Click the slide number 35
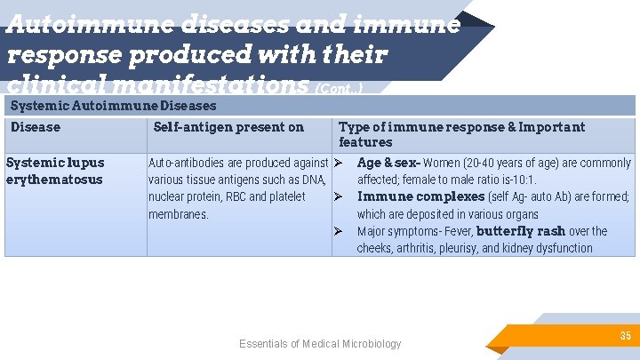click(626, 335)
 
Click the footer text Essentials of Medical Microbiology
click(320, 344)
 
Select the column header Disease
click(36, 127)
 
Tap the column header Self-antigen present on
click(228, 127)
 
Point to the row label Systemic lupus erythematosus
click(55, 171)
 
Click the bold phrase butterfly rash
click(521, 231)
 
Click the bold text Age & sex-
click(388, 163)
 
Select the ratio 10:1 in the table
click(523, 180)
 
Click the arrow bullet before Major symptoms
click(339, 232)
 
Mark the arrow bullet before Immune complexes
click(339, 197)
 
